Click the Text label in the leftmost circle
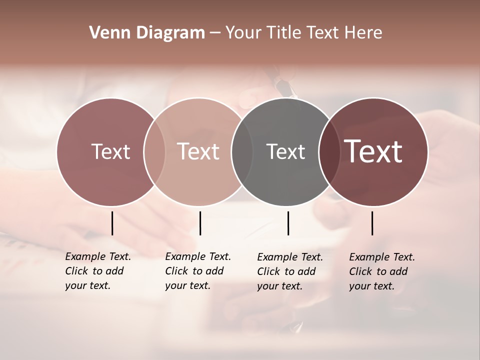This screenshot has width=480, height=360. (110, 151)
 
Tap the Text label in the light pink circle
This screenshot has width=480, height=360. (198, 151)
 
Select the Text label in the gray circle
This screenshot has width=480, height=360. (285, 151)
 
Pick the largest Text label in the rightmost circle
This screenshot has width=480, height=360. (373, 151)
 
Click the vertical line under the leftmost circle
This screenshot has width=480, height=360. (112, 223)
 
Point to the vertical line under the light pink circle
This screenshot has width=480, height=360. (200, 223)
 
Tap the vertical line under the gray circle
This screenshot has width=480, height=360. (288, 223)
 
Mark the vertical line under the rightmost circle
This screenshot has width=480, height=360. (372, 223)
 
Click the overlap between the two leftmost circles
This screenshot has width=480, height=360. (154, 151)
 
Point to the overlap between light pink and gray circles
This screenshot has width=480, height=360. (242, 151)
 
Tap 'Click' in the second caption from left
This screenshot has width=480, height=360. (176, 271)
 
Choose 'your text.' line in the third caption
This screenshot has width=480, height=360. (279, 286)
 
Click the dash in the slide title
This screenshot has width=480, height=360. (215, 33)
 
